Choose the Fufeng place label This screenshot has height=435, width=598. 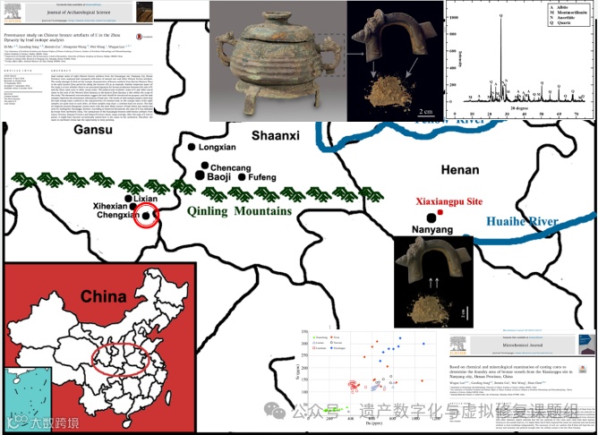pos(262,178)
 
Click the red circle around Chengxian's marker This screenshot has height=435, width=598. pos(147,215)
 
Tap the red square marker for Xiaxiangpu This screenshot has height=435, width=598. pos(440,215)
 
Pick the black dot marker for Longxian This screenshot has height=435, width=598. pos(190,146)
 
